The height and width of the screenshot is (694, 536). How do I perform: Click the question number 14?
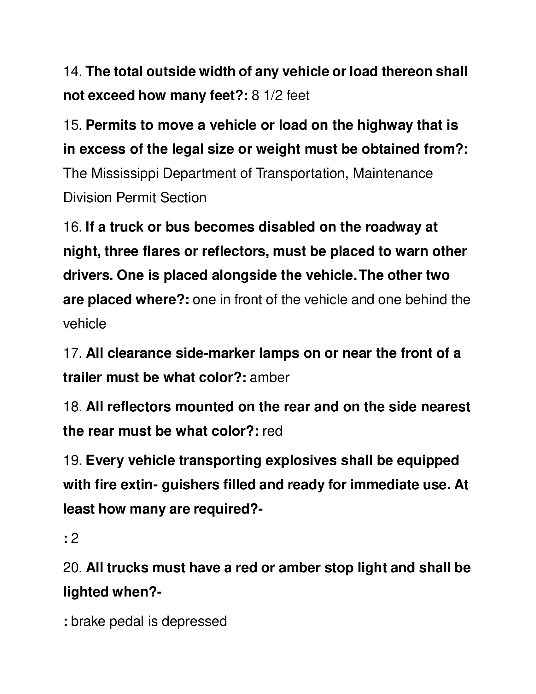[x=73, y=72]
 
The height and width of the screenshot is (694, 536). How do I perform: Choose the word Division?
[x=87, y=198]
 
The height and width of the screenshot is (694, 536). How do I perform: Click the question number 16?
[x=73, y=227]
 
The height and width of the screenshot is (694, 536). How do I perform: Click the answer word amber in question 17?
[x=270, y=378]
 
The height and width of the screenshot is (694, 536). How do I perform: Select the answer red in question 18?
[x=272, y=431]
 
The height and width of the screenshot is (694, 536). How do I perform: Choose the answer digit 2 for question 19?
[x=75, y=538]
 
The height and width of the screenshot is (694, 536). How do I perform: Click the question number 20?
[x=73, y=568]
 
